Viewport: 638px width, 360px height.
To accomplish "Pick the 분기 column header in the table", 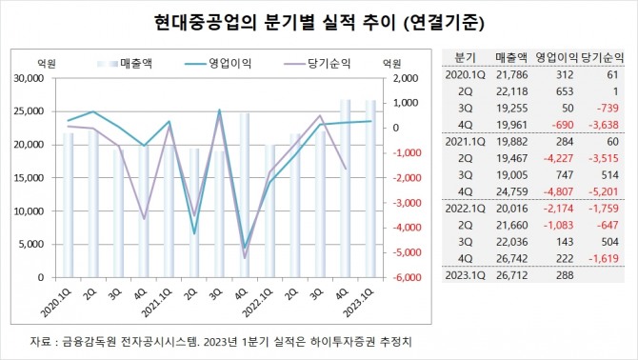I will click(467, 56).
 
